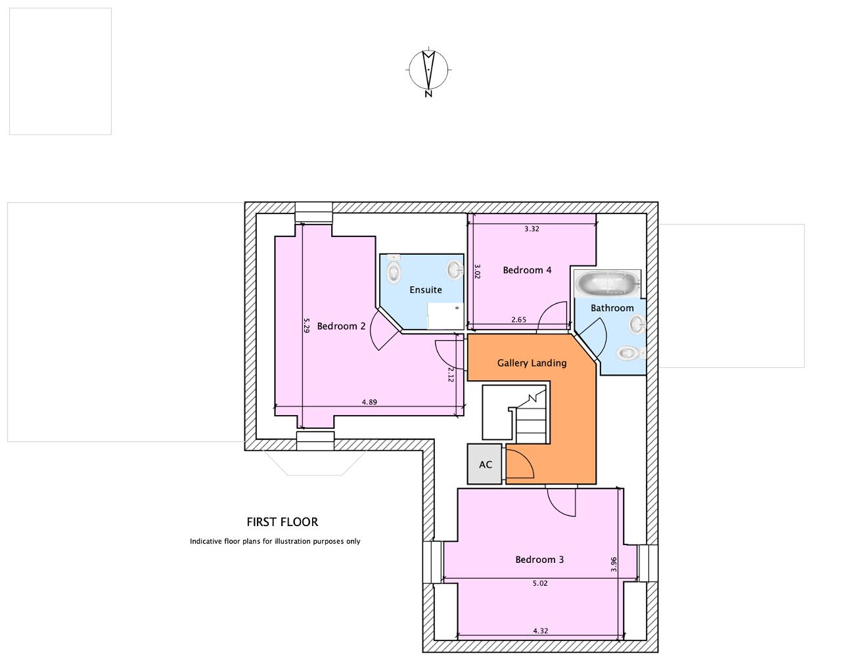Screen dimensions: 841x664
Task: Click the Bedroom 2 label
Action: click(341, 326)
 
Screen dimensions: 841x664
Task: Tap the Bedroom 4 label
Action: click(527, 270)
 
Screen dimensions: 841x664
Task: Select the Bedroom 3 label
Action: click(539, 560)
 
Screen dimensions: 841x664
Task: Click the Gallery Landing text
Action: click(532, 363)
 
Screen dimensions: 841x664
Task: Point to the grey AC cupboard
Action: click(485, 464)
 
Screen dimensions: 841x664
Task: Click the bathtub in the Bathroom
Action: click(608, 284)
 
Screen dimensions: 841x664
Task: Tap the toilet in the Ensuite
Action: click(394, 269)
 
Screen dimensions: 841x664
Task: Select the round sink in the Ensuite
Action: click(455, 269)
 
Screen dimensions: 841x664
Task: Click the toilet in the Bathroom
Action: click(631, 353)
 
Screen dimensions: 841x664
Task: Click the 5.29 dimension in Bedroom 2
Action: click(306, 325)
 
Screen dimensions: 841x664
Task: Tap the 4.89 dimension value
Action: click(369, 402)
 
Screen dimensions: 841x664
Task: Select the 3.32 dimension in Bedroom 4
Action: click(532, 229)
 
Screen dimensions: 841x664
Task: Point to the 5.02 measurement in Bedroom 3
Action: click(540, 583)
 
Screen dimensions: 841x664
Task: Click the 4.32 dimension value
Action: click(541, 642)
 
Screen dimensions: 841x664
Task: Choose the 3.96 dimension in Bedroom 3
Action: click(614, 564)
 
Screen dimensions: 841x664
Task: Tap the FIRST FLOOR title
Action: click(282, 522)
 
